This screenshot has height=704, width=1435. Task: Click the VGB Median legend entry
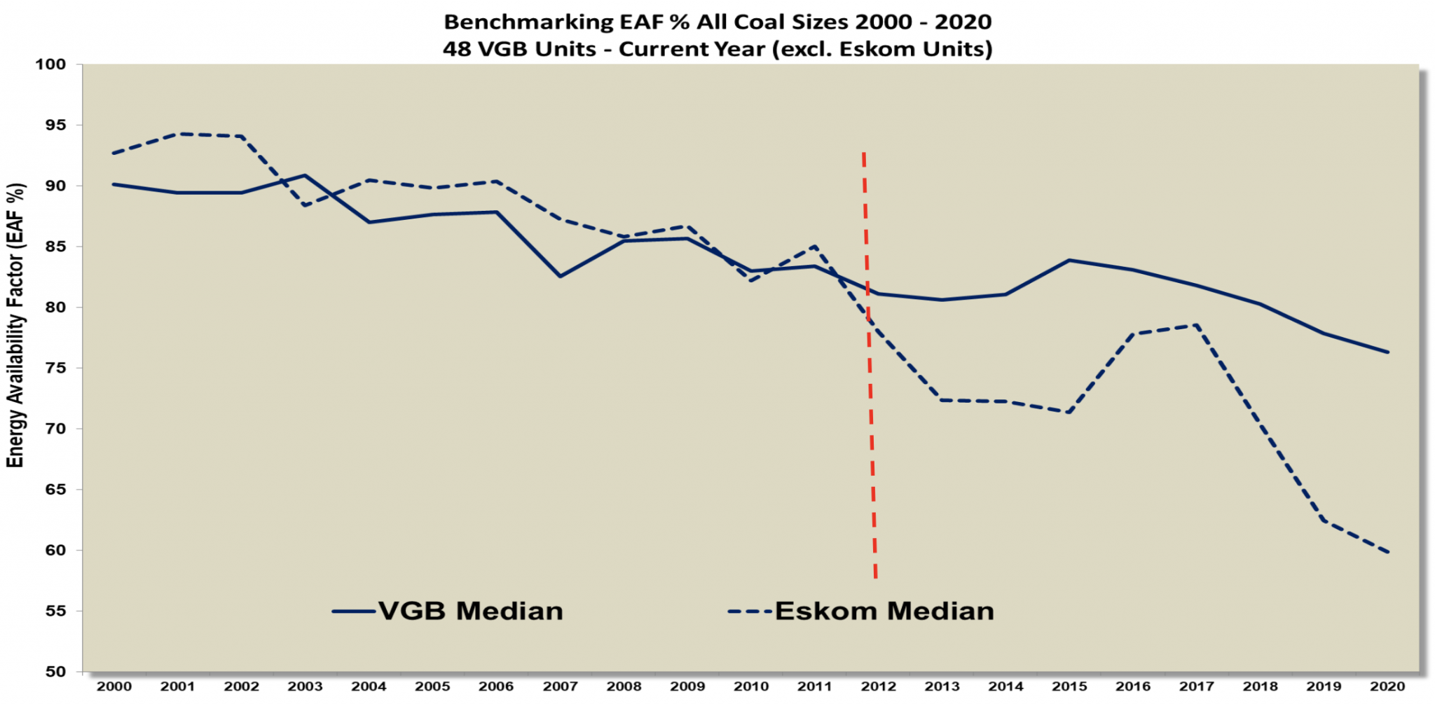coord(448,611)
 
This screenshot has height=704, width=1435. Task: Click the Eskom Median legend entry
coord(862,611)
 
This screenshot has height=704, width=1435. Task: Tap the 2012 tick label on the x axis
coord(878,686)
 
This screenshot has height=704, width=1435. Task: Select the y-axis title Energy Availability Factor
coord(15,326)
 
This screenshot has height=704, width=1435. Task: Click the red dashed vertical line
coord(870,364)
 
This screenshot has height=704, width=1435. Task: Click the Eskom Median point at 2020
coord(1387,552)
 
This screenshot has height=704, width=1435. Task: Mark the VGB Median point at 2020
coord(1387,352)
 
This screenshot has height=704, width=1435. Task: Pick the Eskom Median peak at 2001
coord(178,133)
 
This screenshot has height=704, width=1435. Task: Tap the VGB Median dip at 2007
coord(560,276)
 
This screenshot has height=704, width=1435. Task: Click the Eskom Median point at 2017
coord(1197,325)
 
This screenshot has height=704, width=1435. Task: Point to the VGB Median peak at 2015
coord(1069,260)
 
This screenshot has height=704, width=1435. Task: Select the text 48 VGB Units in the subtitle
coord(519,49)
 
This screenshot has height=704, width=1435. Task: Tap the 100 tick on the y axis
coord(50,64)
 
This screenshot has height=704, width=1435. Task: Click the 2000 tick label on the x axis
coord(114,686)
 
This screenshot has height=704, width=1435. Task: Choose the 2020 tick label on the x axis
coord(1387,686)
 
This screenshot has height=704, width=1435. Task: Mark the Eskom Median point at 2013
coord(942,400)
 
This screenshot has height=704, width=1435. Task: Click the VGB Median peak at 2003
coord(305,175)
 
